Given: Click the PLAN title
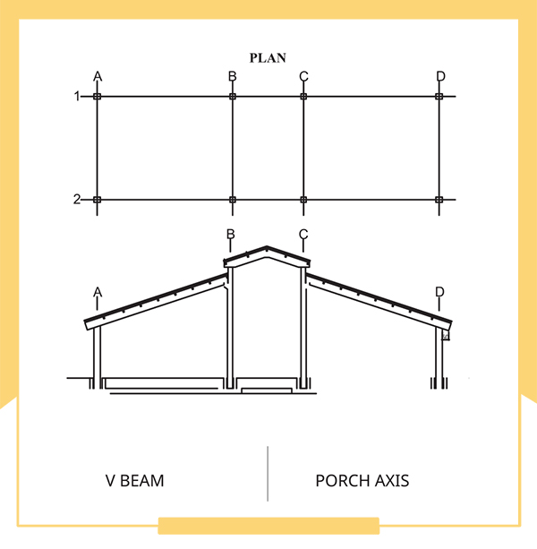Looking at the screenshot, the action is (268, 58).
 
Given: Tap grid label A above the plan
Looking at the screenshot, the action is (98, 76).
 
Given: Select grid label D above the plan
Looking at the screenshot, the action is (440, 76).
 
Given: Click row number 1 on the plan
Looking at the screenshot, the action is (77, 96).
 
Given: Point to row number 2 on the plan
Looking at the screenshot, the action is (77, 199).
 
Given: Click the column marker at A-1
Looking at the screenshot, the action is (98, 97).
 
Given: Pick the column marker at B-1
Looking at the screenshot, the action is (233, 97).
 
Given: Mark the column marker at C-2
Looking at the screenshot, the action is (303, 200).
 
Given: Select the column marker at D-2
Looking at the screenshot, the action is (439, 200).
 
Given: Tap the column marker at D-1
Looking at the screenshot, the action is (439, 97).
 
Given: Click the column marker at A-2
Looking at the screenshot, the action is (98, 200).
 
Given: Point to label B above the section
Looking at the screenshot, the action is (231, 234).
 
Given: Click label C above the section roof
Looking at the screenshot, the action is (303, 234).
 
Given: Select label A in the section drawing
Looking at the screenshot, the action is (98, 292).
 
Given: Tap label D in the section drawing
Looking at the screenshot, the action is (439, 292).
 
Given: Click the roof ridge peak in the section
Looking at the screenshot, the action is (267, 247).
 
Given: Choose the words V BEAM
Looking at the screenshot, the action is (134, 481).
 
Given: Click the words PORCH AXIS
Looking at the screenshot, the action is (362, 481).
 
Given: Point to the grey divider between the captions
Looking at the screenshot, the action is (268, 474).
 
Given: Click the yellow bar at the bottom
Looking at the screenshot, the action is (268, 526).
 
